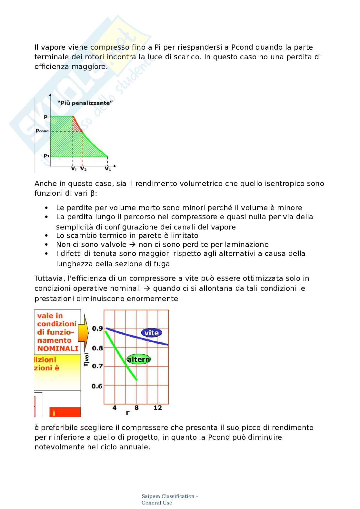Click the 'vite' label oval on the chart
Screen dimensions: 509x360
151,333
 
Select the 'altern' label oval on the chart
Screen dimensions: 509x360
138,359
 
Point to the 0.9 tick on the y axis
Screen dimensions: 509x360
97,328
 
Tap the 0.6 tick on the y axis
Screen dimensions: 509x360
97,386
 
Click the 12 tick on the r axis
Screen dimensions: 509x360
157,408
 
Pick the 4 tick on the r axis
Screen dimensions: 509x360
114,408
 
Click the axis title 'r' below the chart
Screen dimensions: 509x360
128,413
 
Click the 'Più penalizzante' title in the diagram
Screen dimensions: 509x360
85,103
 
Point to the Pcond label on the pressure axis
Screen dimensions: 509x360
42,131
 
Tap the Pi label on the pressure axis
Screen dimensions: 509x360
46,117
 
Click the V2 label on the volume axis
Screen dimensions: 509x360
83,169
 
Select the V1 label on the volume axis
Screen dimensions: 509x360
108,169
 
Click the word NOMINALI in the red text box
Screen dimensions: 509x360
58,348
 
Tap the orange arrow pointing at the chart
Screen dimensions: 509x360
84,333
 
